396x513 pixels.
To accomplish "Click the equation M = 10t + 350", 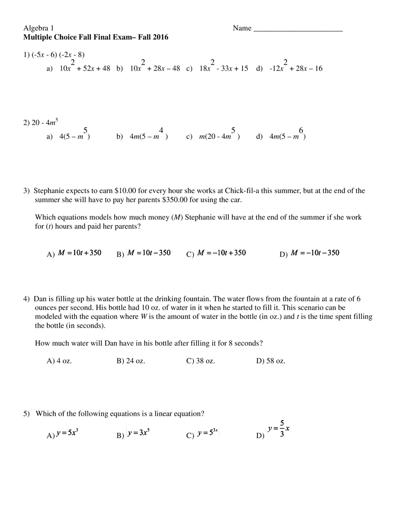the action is click(x=79, y=253).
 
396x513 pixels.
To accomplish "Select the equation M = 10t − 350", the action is click(x=149, y=253).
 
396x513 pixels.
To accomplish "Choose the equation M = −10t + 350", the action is click(x=221, y=253).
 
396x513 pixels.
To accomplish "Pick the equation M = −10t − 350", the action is click(x=316, y=253).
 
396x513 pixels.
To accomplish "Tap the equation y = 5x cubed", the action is click(x=67, y=433).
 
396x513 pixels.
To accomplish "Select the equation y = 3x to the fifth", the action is click(x=139, y=433).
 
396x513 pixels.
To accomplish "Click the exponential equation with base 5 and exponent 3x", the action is click(x=208, y=433).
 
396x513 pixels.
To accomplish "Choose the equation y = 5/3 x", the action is click(x=278, y=428).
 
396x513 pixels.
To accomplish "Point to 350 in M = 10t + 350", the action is click(x=95, y=253).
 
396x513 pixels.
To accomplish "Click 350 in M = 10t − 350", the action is click(x=165, y=253).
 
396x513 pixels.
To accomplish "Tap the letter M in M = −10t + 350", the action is click(x=200, y=253).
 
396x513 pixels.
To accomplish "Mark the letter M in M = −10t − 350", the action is click(x=295, y=253).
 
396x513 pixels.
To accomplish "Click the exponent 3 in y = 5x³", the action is click(x=77, y=431).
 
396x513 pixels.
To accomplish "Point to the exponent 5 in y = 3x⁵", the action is click(x=149, y=431).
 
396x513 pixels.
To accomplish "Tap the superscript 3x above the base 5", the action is click(x=215, y=431).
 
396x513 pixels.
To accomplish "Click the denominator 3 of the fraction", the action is click(x=282, y=434).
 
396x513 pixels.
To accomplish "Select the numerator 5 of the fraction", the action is click(x=282, y=422).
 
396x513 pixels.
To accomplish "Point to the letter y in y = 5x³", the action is click(x=58, y=433).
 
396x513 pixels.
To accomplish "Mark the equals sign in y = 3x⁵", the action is click(x=135, y=433).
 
